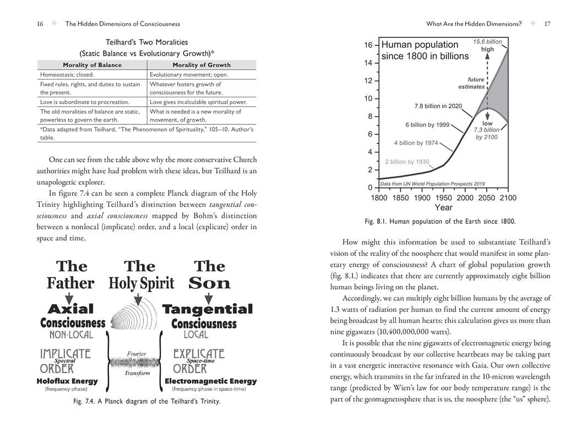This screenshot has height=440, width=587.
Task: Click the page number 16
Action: click(40, 24)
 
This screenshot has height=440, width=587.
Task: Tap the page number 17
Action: click(547, 24)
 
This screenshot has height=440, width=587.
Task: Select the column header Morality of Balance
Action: click(93, 65)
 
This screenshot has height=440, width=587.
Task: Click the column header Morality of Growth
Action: click(202, 65)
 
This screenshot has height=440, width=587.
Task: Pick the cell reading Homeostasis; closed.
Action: click(67, 74)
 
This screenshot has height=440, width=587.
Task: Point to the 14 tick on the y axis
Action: click(368, 63)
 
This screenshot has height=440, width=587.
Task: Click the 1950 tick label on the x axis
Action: click(443, 198)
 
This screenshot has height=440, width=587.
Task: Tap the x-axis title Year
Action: click(443, 208)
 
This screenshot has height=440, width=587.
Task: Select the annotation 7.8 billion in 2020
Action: click(438, 106)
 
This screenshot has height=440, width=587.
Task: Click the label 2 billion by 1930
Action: click(407, 162)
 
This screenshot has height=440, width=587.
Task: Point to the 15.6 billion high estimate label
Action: click(487, 45)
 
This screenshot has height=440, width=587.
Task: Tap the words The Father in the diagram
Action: click(70, 274)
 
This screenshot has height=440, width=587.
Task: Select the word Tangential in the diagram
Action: click(208, 309)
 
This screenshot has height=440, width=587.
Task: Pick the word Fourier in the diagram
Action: click(137, 354)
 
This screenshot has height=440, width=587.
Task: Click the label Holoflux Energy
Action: click(67, 381)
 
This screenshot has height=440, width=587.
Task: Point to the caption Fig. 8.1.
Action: click(440, 222)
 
